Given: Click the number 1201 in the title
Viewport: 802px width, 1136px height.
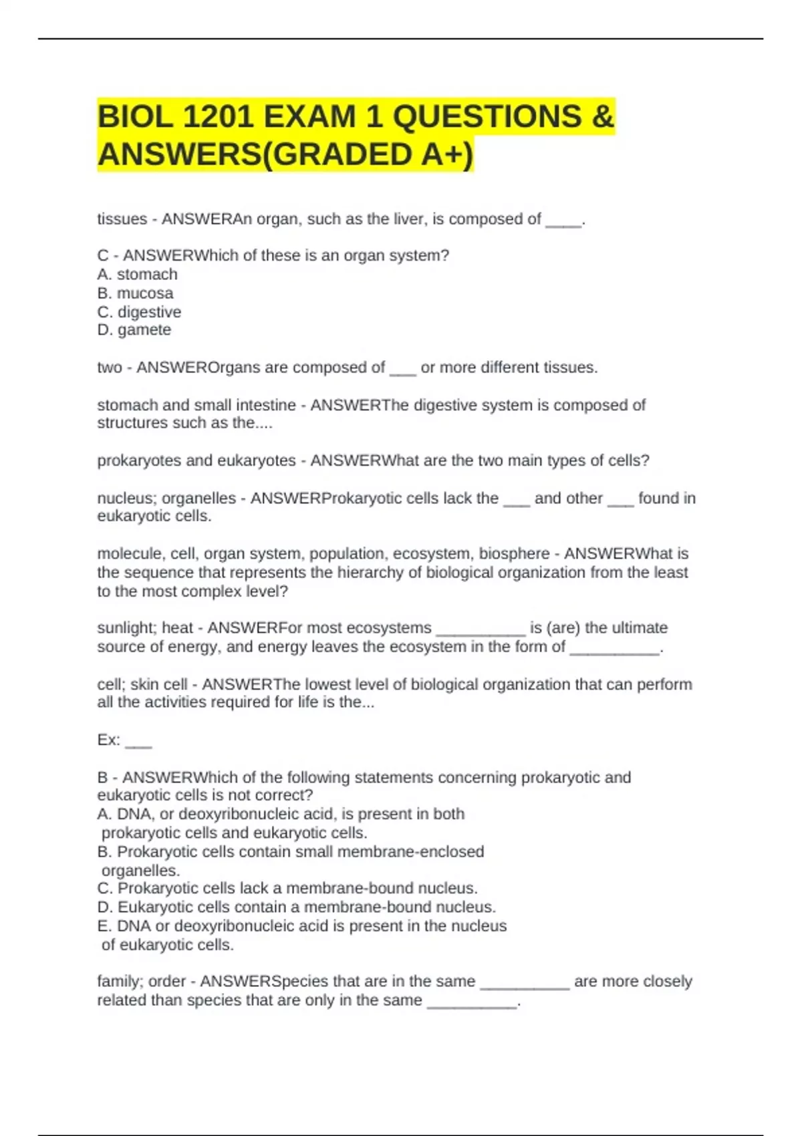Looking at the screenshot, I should (217, 117).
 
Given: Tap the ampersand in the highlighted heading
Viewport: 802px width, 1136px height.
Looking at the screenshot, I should (602, 117).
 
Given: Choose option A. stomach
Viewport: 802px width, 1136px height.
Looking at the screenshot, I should (138, 274).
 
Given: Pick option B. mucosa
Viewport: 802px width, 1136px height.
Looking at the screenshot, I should (135, 293).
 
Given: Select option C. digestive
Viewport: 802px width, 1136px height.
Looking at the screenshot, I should (139, 312).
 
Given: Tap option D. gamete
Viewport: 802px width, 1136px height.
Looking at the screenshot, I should (134, 329).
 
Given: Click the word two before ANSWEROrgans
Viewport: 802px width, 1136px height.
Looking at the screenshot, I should (110, 368).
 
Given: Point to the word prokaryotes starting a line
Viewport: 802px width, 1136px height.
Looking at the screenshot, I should (133, 460).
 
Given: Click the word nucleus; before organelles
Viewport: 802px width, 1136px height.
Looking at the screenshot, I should (127, 499).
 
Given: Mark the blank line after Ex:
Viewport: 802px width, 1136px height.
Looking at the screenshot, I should (138, 740).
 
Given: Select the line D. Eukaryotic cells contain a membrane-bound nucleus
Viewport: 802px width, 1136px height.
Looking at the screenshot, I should (296, 907).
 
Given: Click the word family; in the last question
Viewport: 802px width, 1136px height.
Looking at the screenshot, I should (120, 981).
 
